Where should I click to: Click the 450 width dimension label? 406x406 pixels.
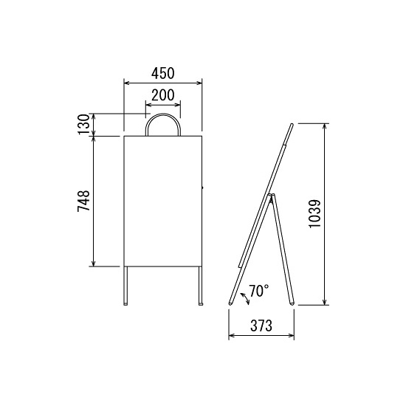(163, 73)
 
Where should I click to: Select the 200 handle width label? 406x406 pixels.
(163, 95)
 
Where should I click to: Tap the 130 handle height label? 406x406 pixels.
(83, 125)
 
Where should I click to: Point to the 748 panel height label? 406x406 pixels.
(83, 201)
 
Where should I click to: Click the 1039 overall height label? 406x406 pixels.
(315, 213)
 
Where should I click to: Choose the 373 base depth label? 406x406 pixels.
(261, 326)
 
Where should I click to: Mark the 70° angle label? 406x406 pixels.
(259, 291)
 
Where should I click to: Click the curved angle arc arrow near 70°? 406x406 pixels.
(245, 298)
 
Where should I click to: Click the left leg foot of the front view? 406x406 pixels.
(125, 303)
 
